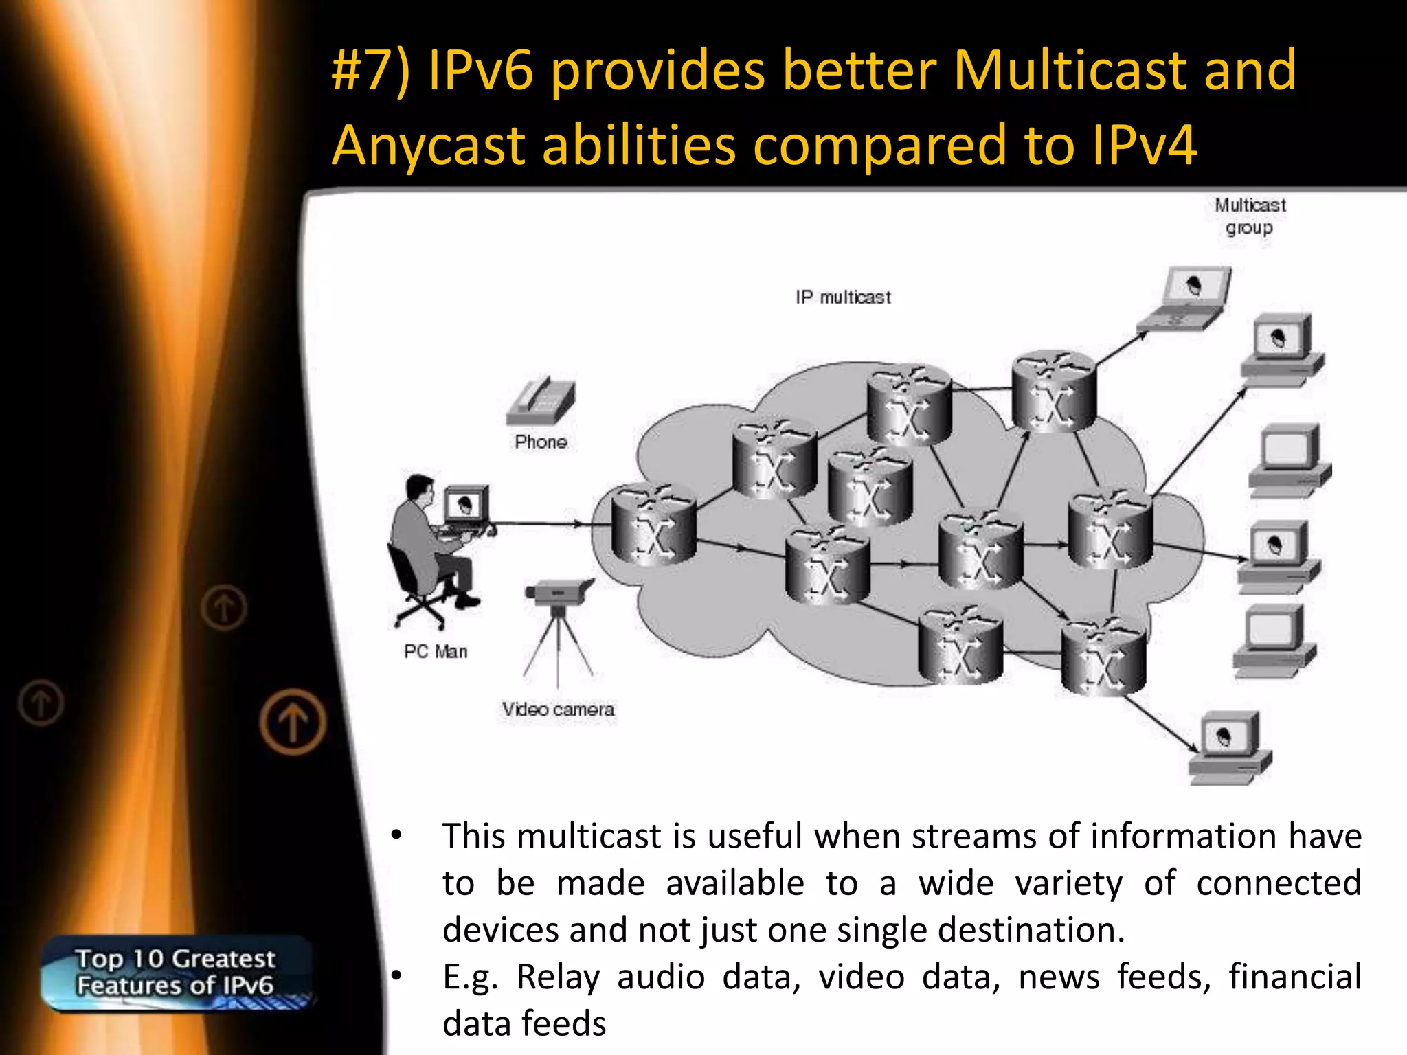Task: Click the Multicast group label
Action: (x=1250, y=216)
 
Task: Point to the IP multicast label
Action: (x=843, y=297)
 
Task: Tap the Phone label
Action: (x=541, y=442)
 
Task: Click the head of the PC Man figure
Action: (x=419, y=488)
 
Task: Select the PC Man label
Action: (x=436, y=651)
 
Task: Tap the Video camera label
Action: (x=558, y=710)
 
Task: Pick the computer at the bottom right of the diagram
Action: (x=1230, y=749)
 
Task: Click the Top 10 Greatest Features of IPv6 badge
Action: (x=175, y=972)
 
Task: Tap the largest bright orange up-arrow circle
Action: (x=293, y=722)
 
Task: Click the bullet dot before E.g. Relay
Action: (x=396, y=975)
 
